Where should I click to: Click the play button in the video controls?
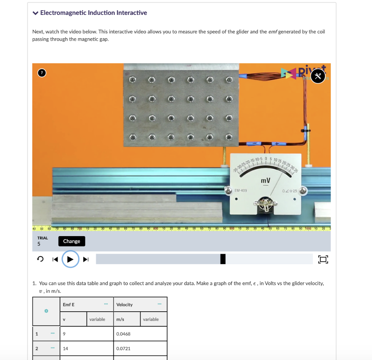(x=70, y=259)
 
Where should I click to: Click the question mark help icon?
(x=42, y=73)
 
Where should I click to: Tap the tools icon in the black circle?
(x=318, y=76)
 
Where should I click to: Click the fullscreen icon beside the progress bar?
(x=323, y=259)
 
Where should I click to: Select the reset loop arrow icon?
(x=41, y=259)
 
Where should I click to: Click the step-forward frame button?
(x=86, y=259)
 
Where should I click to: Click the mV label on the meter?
(x=266, y=181)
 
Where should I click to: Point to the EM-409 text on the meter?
(x=241, y=190)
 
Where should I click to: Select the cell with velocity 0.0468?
(x=140, y=334)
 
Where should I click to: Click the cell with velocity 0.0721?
(x=140, y=348)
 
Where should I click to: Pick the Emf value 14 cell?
(x=87, y=348)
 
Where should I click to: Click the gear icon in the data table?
(x=46, y=311)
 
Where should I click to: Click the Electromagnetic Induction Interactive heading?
(x=93, y=13)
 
